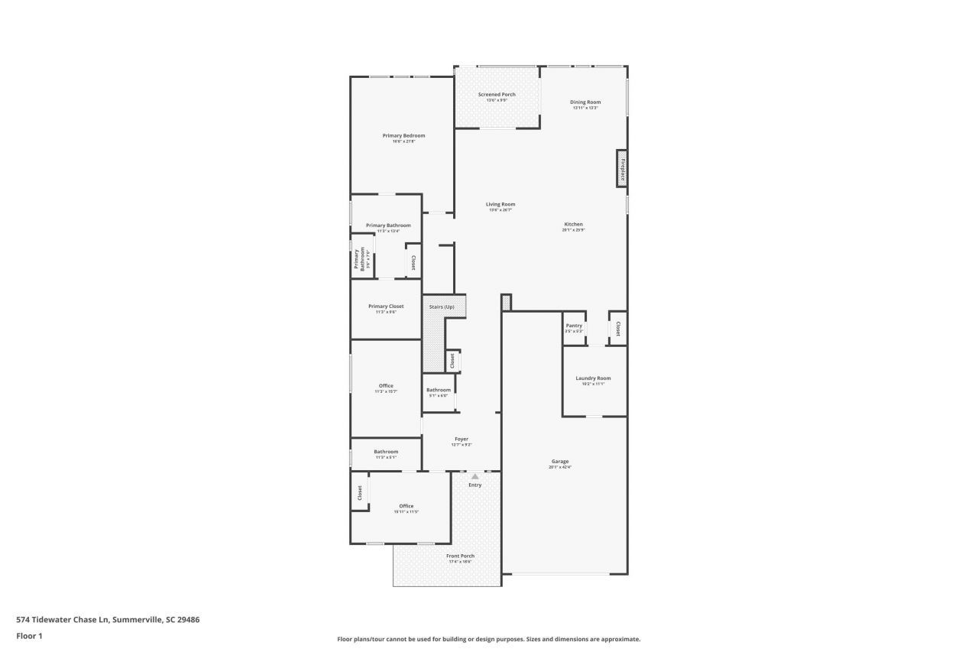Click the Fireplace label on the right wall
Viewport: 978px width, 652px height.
622,168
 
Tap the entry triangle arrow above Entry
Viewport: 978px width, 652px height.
474,476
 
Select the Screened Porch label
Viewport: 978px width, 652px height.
497,95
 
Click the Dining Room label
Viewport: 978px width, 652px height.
585,102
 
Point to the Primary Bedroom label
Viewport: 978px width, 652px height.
403,135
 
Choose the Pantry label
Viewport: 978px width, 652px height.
574,326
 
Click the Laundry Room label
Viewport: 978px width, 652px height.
593,378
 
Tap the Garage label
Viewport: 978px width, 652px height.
559,462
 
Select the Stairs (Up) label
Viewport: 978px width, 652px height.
441,307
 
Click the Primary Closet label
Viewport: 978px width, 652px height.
386,306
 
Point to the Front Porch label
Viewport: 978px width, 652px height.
460,556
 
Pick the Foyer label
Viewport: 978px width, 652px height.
461,439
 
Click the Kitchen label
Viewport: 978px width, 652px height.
573,224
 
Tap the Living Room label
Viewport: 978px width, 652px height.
500,204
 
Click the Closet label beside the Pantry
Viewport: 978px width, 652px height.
617,329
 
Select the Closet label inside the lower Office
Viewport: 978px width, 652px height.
359,494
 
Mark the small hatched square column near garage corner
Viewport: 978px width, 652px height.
506,303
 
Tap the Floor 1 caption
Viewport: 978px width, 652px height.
29,635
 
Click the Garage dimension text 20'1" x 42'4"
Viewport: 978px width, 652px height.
559,467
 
